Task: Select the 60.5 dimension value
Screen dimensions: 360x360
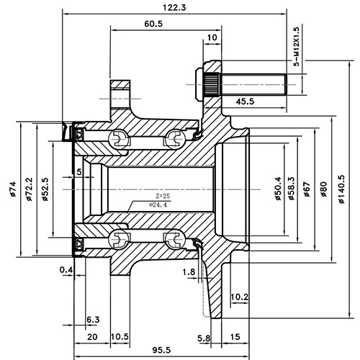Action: pos(153,24)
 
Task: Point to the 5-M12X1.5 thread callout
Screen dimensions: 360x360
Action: pos(296,47)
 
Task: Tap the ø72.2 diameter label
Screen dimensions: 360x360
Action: pos(29,189)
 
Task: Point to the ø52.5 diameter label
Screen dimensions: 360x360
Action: pos(45,189)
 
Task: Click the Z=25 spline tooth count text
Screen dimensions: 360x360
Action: pos(163,196)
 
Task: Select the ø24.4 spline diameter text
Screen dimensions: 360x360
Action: pos(158,205)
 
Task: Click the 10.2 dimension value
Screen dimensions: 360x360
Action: pos(239,297)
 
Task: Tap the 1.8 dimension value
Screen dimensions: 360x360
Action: pos(189,271)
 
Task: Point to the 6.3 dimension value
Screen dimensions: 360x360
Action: pos(93,319)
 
